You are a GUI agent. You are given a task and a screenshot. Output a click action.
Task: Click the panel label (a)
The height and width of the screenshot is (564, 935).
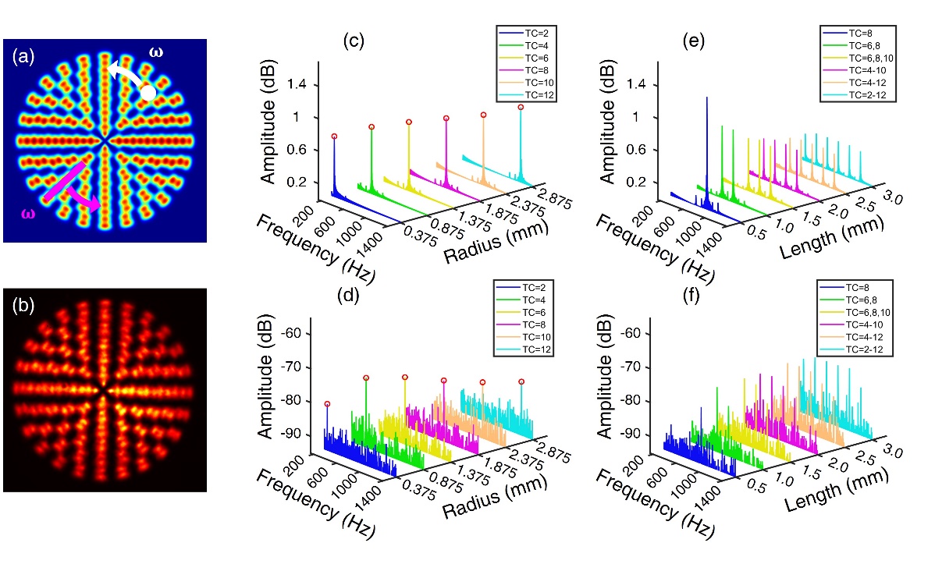pyautogui.click(x=24, y=55)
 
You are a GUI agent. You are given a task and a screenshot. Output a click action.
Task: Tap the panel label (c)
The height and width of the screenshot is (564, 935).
pyautogui.click(x=355, y=42)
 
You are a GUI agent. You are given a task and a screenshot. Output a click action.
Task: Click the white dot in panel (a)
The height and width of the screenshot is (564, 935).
pyautogui.click(x=148, y=92)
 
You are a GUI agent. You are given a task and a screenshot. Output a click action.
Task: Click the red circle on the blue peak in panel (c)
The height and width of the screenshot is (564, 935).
pyautogui.click(x=334, y=137)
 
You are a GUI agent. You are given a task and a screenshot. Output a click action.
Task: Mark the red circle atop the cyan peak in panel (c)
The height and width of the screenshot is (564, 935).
pyautogui.click(x=521, y=108)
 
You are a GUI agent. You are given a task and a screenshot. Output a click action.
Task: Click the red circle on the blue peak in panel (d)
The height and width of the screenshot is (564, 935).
pyautogui.click(x=327, y=404)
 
